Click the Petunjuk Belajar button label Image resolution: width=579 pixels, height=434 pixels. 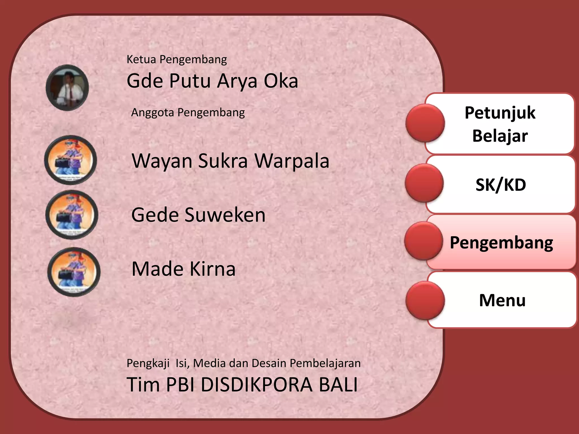(500, 124)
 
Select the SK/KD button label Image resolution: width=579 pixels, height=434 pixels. (501, 185)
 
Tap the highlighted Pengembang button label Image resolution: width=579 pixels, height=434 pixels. (501, 242)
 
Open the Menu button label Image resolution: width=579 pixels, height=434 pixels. (502, 300)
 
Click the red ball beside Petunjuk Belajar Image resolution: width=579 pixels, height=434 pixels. (425, 123)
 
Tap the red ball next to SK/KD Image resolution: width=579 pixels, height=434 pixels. (424, 183)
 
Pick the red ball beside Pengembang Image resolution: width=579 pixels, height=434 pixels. (424, 241)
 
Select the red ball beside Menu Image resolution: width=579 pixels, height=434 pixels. (425, 301)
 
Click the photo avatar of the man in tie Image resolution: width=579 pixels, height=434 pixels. (67, 88)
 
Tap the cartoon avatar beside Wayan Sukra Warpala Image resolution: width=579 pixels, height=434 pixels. (71, 160)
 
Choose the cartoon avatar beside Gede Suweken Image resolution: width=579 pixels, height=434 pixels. (72, 215)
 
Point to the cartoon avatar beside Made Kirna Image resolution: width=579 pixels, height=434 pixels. (74, 272)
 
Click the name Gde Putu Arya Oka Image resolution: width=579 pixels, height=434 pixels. (212, 81)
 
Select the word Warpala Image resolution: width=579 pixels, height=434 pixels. (292, 161)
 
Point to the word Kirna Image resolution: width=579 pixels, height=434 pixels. (212, 269)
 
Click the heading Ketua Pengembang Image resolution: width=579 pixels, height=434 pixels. (177, 59)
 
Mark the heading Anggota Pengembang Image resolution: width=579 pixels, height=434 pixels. (188, 112)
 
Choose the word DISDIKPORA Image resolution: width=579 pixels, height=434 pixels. (256, 385)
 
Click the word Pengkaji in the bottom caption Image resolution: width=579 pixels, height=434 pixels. (148, 363)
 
